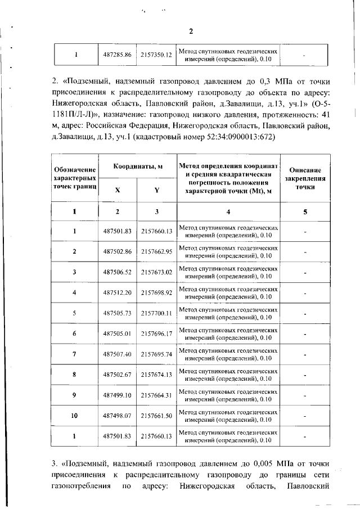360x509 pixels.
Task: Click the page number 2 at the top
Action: pos(190,31)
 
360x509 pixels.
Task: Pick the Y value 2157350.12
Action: pos(156,55)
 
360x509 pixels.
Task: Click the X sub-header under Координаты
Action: pos(118,190)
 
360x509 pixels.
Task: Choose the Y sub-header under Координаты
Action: pos(156,190)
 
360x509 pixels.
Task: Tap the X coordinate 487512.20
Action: pos(118,292)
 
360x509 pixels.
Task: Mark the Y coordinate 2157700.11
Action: pos(156,313)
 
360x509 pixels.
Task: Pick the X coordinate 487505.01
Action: pos(118,334)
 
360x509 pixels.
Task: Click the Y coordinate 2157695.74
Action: pos(156,354)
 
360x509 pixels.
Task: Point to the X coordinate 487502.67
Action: pos(118,374)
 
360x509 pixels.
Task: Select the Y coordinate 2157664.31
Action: pos(156,395)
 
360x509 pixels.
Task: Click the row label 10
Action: pos(74,416)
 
